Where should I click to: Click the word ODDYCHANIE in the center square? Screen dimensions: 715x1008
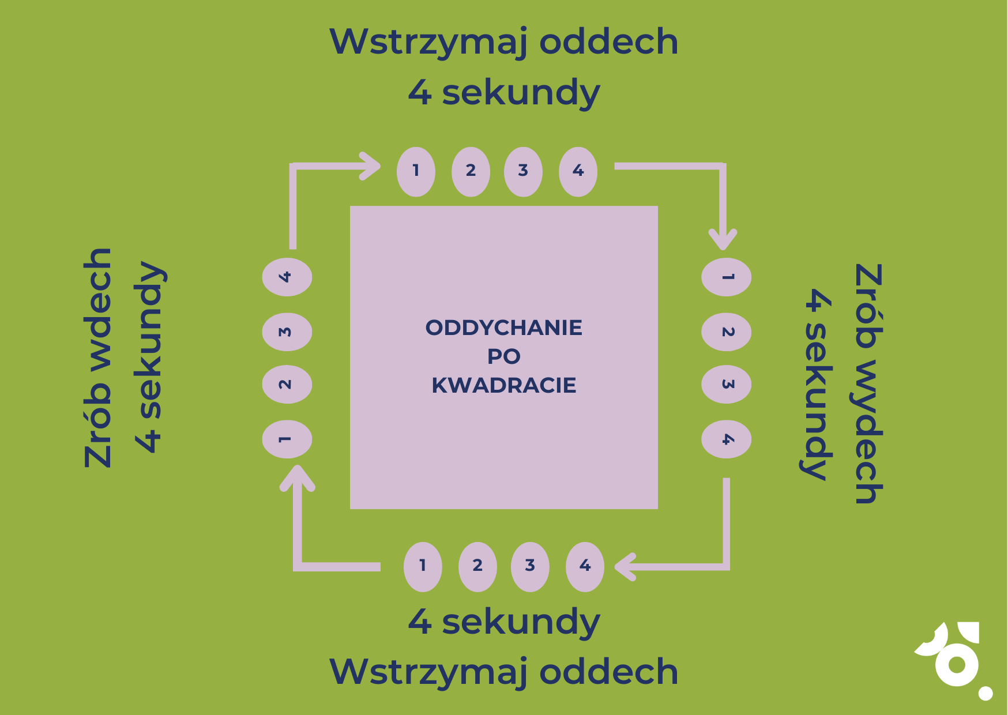[x=503, y=328]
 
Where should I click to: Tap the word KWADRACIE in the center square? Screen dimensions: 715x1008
[x=503, y=385]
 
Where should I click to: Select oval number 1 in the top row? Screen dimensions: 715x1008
[x=416, y=171]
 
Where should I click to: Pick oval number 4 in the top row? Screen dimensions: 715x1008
[x=578, y=171]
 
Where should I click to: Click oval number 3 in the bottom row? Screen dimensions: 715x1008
[x=530, y=566]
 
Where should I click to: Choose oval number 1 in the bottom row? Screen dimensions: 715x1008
[x=423, y=566]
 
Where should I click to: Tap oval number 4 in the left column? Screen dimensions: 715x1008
[x=287, y=277]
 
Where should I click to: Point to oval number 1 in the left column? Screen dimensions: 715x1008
[x=287, y=439]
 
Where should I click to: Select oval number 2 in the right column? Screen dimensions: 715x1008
[x=726, y=332]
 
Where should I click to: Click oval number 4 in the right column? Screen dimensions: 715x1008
[x=726, y=439]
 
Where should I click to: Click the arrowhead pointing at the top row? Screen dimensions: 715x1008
[x=371, y=166]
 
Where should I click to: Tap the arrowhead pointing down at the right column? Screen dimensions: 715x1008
[x=723, y=239]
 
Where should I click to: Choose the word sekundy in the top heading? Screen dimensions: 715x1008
[x=521, y=93]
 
